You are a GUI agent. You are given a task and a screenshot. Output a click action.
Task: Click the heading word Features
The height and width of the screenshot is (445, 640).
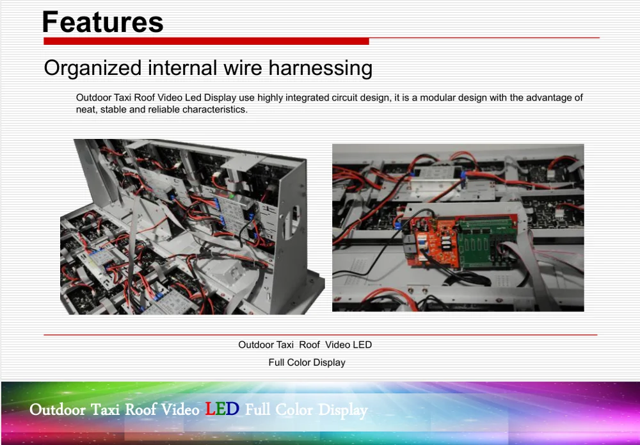(103, 22)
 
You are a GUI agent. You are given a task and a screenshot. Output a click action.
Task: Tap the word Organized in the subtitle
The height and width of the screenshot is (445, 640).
(93, 68)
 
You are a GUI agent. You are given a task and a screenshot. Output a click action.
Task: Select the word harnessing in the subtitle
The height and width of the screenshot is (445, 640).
(321, 68)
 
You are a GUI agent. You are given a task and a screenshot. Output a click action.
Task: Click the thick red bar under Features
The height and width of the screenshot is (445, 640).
(206, 41)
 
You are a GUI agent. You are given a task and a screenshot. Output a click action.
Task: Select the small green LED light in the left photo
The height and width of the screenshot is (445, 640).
(232, 196)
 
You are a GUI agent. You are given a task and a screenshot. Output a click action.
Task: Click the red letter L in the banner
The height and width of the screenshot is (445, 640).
(210, 409)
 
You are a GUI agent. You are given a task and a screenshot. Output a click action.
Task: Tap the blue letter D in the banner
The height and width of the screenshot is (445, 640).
(232, 409)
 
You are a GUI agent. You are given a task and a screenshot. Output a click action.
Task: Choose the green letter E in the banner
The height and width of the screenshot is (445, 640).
(220, 409)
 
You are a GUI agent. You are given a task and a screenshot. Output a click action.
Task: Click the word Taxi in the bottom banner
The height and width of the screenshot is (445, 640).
(105, 409)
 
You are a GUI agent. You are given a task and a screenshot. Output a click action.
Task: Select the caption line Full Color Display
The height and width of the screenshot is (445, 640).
(307, 362)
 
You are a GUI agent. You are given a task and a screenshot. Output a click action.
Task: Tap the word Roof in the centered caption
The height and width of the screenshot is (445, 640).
(309, 345)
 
